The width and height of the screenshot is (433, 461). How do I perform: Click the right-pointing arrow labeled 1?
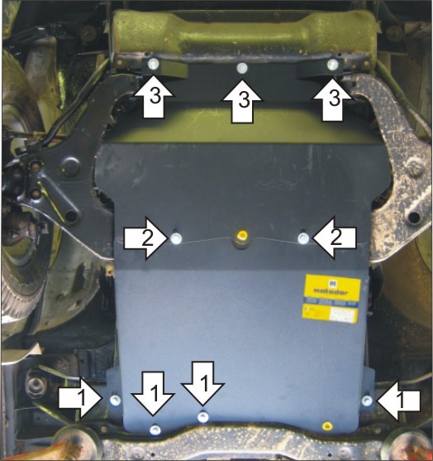(x=83, y=399)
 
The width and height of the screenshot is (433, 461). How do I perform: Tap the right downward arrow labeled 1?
(x=202, y=382)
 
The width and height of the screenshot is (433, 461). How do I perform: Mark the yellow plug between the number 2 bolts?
(x=241, y=238)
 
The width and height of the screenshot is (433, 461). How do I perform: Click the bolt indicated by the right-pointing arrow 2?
(x=177, y=239)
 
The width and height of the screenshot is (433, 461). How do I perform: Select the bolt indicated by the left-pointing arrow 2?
(x=303, y=239)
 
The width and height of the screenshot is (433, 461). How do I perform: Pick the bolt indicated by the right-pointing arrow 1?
(x=114, y=401)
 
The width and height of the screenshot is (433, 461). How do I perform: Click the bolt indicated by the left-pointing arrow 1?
(x=367, y=401)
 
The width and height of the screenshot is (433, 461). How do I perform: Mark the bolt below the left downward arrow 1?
(x=155, y=428)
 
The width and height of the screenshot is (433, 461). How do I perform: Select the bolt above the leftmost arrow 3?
(x=153, y=64)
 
